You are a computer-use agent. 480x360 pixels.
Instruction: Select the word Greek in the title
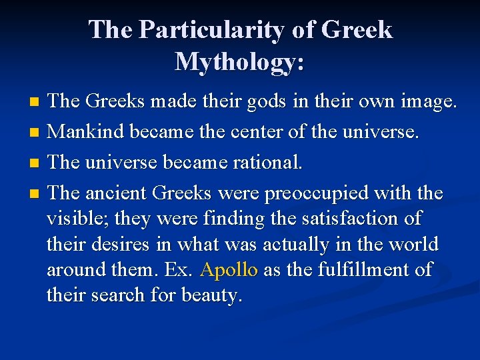357,30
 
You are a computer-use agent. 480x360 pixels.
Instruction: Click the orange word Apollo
229,270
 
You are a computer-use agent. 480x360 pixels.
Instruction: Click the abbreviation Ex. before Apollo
182,270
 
